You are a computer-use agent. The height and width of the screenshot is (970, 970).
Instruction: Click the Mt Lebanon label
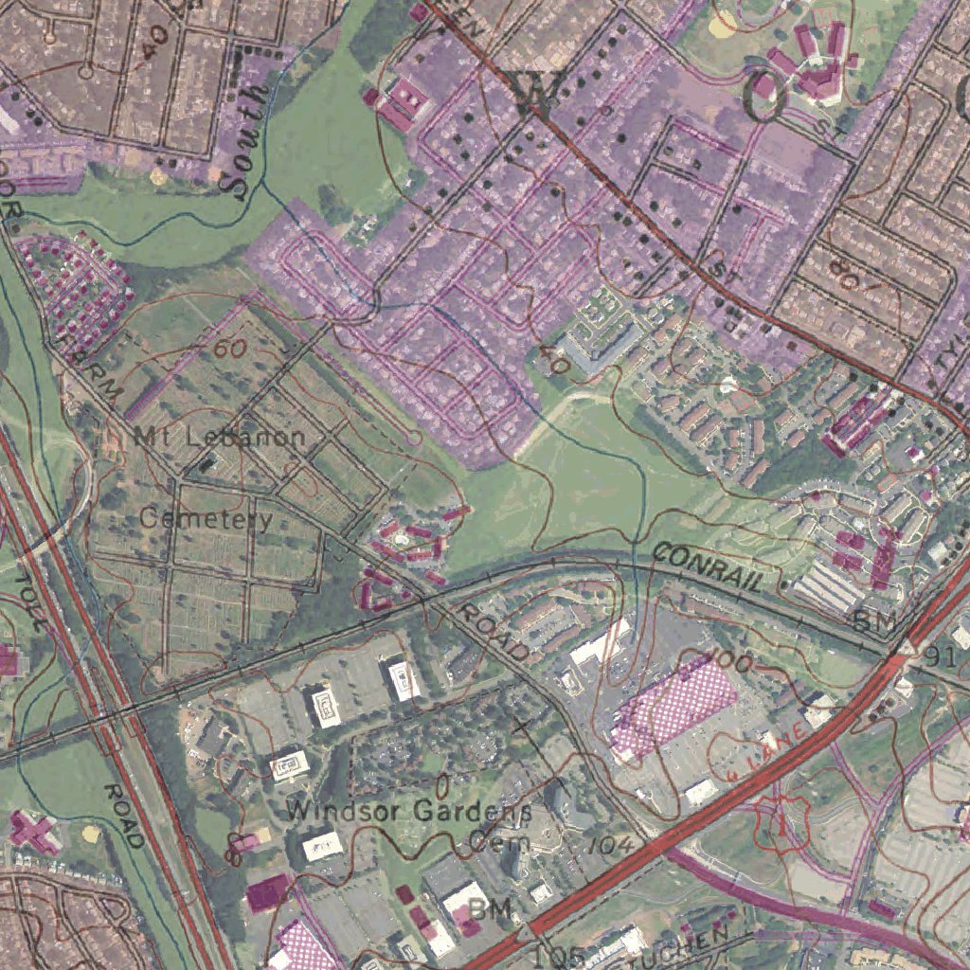pyautogui.click(x=221, y=437)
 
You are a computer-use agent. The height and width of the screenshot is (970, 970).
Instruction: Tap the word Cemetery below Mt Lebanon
pyautogui.click(x=206, y=518)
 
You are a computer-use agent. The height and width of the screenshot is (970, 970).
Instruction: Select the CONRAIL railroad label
pyautogui.click(x=708, y=567)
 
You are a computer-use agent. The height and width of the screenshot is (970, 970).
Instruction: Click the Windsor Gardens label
pyautogui.click(x=408, y=811)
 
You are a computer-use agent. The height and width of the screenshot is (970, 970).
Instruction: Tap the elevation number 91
pyautogui.click(x=953, y=657)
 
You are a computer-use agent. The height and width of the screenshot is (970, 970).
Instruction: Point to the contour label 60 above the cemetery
pyautogui.click(x=229, y=349)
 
